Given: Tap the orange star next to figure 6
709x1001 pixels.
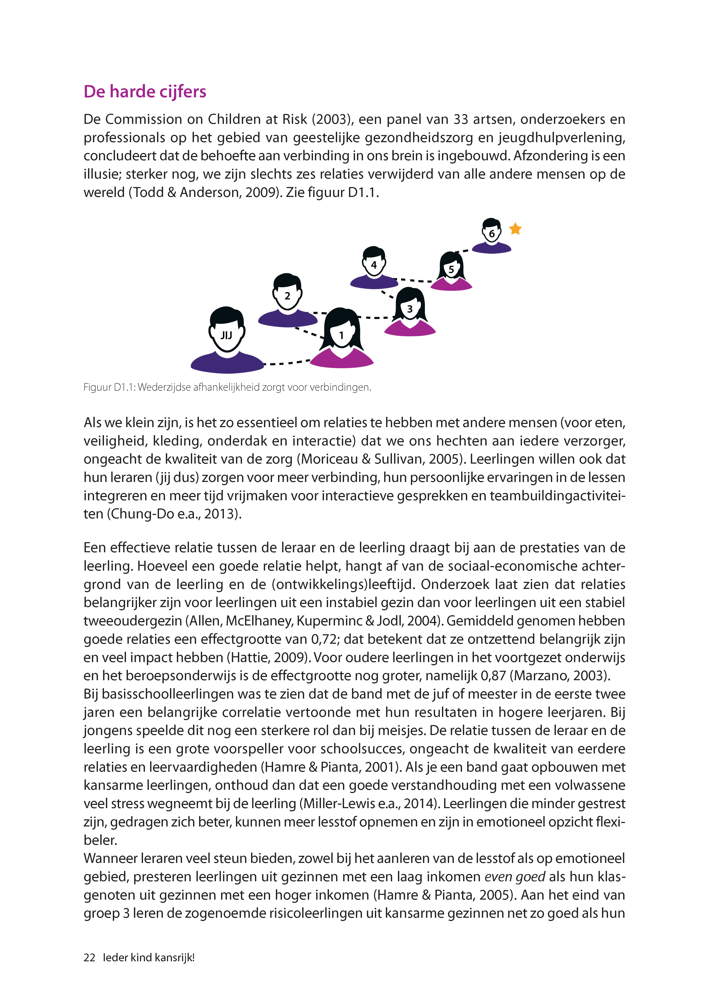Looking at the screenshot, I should tap(515, 229).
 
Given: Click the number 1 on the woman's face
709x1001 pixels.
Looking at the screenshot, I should tap(341, 335).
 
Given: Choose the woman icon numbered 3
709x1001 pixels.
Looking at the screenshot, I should tap(410, 312).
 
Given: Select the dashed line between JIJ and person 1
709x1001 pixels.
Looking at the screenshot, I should tap(286, 362).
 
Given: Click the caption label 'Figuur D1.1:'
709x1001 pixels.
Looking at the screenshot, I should tap(109, 387).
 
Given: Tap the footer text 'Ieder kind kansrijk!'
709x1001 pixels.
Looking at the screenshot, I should tap(148, 957).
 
